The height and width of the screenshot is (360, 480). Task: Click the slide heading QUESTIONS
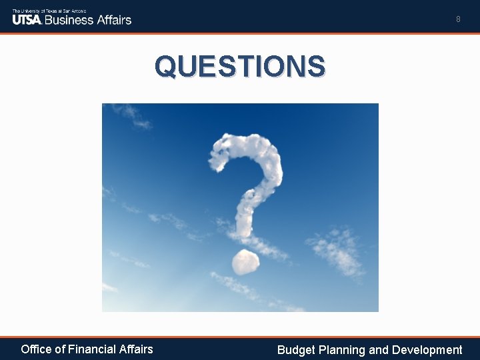[x=240, y=66]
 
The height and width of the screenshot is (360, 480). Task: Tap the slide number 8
[x=458, y=19]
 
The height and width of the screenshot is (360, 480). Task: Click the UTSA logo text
[x=27, y=19]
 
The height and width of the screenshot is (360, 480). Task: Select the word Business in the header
[x=69, y=19]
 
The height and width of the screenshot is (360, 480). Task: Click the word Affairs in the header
[x=113, y=19]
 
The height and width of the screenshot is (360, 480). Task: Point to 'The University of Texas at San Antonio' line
[x=49, y=11]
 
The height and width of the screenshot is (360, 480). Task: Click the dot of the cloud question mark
[x=245, y=261]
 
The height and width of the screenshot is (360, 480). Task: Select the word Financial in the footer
[x=89, y=349]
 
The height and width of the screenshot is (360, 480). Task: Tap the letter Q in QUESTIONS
[x=166, y=66]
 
